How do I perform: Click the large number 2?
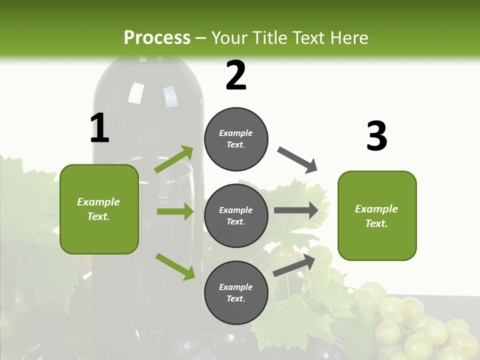[236, 75]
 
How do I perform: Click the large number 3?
[376, 136]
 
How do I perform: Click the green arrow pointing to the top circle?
[174, 159]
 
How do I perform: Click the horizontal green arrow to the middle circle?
[175, 211]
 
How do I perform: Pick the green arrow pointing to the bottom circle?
[175, 266]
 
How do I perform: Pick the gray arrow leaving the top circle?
[297, 160]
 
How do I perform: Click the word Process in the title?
[157, 37]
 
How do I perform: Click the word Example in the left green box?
[98, 202]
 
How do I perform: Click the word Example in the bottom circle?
[236, 287]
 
